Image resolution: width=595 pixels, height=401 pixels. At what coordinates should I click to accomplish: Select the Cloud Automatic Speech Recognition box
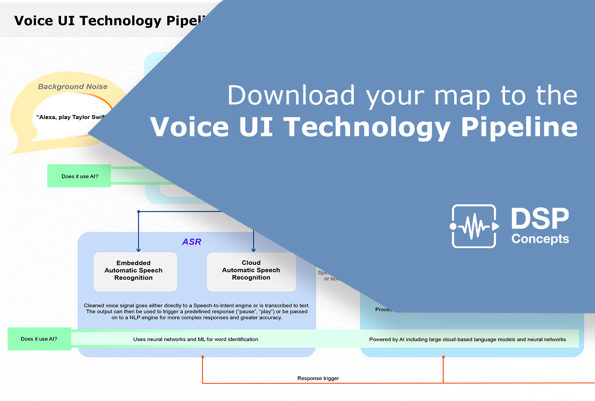pos(251,271)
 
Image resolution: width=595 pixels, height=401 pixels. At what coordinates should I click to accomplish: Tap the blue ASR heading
pos(192,242)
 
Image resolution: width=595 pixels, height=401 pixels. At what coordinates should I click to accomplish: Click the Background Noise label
pos(73,87)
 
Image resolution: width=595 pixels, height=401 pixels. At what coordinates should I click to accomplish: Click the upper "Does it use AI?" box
pos(79,176)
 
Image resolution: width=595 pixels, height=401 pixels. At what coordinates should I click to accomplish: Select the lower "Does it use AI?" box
pos(39,339)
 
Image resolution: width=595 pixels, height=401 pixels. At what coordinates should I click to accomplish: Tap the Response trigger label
pos(318,378)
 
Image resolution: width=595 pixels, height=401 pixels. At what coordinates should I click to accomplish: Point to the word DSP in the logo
pos(540,219)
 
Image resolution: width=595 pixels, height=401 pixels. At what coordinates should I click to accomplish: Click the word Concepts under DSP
pos(540,239)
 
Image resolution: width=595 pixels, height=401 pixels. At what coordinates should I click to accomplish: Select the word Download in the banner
pos(291,96)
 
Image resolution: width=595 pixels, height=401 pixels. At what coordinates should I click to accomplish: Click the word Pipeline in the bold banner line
pos(519,127)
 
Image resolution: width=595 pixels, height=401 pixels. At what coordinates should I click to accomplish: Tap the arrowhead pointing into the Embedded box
pos(139,250)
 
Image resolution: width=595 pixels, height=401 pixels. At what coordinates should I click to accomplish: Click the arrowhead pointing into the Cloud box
pos(254,250)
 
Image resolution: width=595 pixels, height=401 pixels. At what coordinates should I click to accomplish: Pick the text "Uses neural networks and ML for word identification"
pos(196,340)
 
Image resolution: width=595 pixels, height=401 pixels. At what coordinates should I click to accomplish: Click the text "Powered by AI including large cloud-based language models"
pos(467,340)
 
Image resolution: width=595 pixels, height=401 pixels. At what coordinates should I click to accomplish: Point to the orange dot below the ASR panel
pos(203,357)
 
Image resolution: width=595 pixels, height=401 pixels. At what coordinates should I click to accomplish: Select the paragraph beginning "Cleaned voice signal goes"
pos(197,312)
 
